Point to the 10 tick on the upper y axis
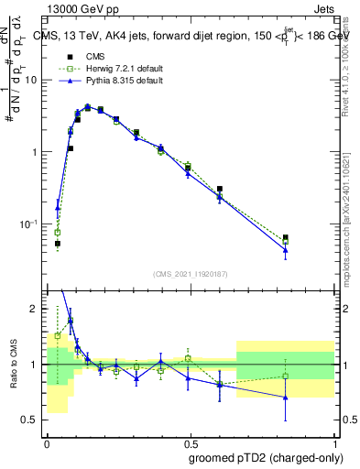click(x=35, y=80)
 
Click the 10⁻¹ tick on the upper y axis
click(x=33, y=224)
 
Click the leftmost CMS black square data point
click(x=57, y=244)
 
